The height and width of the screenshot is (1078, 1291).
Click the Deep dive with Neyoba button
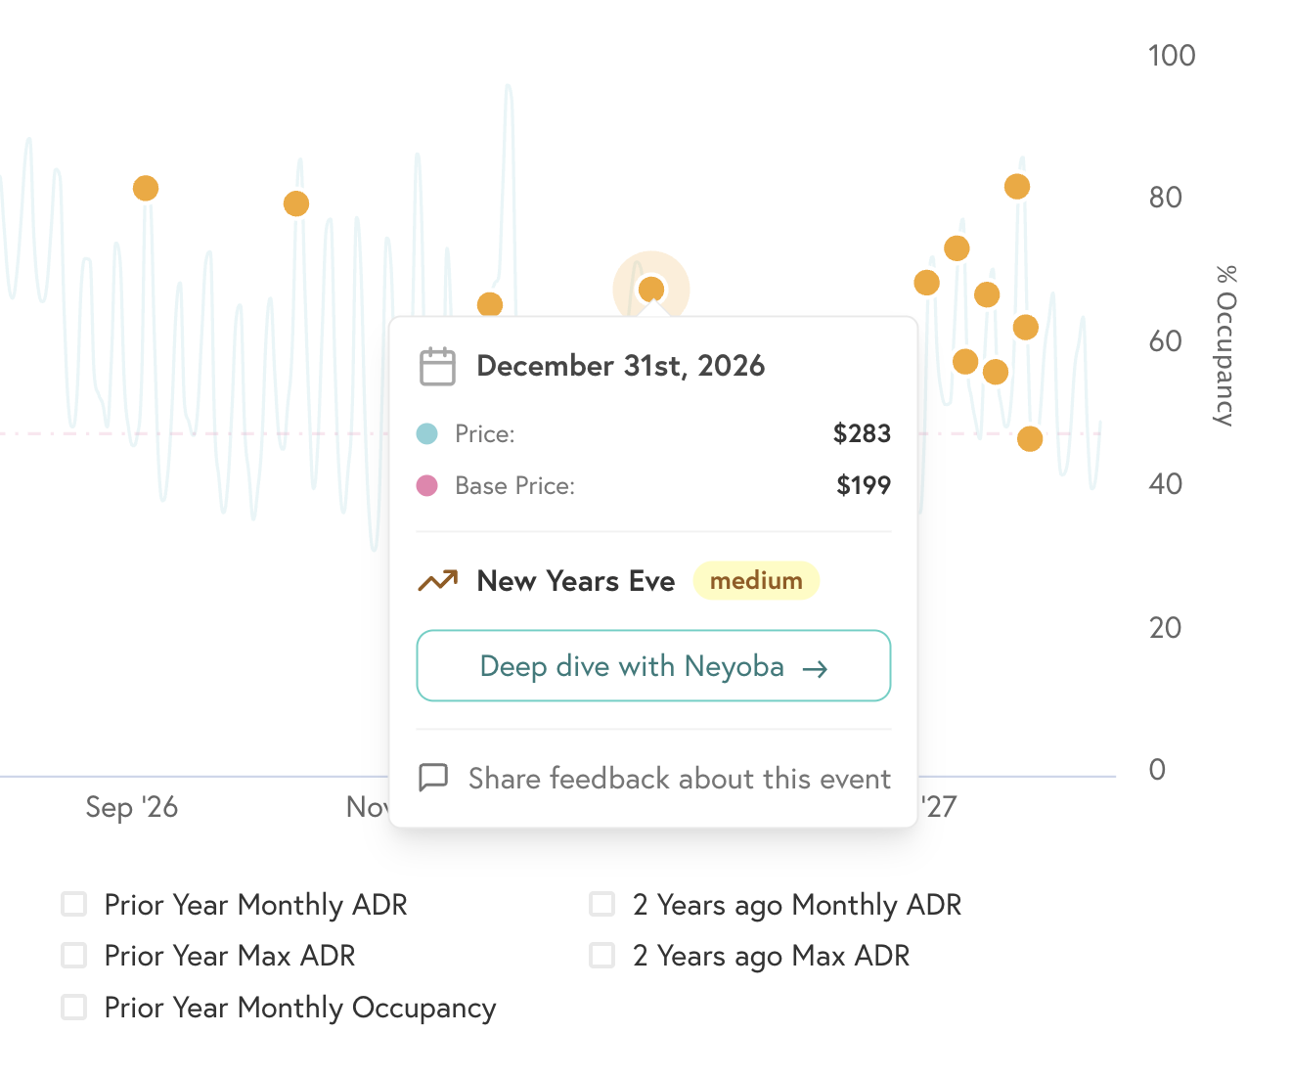653,666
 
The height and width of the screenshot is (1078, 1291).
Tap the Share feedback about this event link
679,779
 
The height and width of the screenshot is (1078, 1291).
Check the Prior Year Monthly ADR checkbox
74,904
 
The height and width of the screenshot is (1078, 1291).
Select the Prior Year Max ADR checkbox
74,955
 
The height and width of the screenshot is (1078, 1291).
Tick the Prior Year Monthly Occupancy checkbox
74,1007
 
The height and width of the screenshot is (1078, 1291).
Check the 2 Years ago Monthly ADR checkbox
602,904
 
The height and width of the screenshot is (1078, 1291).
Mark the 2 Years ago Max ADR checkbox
602,955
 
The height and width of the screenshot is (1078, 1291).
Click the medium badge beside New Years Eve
756,581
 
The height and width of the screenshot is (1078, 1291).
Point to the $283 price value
862,433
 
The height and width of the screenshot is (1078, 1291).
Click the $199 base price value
864,485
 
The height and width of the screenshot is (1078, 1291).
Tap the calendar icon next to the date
437,367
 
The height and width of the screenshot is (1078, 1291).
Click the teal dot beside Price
427,433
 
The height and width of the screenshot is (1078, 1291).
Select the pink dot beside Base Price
427,485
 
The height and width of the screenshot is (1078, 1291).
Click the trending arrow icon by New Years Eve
437,581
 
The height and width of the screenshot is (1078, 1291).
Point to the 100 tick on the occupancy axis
1172,56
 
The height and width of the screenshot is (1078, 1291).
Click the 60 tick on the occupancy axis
1165,341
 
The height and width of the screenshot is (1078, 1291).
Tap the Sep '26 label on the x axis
132,807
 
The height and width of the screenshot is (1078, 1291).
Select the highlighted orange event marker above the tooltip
651,290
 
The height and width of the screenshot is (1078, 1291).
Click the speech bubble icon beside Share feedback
433,778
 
